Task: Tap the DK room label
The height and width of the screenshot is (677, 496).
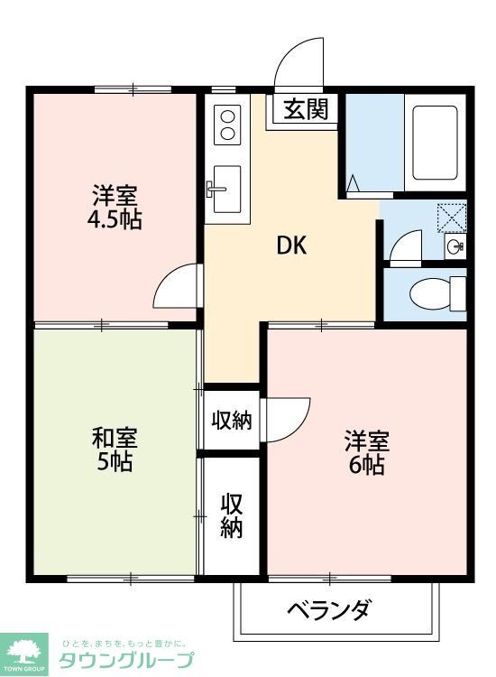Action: click(x=291, y=246)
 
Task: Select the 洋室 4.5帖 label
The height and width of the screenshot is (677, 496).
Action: click(x=115, y=207)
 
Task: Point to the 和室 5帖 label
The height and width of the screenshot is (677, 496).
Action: click(x=115, y=450)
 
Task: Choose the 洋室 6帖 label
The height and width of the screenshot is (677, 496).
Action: click(x=366, y=453)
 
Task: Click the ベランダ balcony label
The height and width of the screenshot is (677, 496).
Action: click(x=328, y=610)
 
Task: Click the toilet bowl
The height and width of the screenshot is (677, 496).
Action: click(x=429, y=293)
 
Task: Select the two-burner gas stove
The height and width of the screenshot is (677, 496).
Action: click(x=227, y=125)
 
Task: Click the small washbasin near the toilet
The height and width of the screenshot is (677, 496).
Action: click(x=455, y=245)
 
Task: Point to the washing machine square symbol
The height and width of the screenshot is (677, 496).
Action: click(x=450, y=218)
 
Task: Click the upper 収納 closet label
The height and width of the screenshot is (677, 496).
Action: click(x=232, y=420)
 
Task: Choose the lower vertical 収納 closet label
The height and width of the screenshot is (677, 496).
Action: click(x=232, y=515)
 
